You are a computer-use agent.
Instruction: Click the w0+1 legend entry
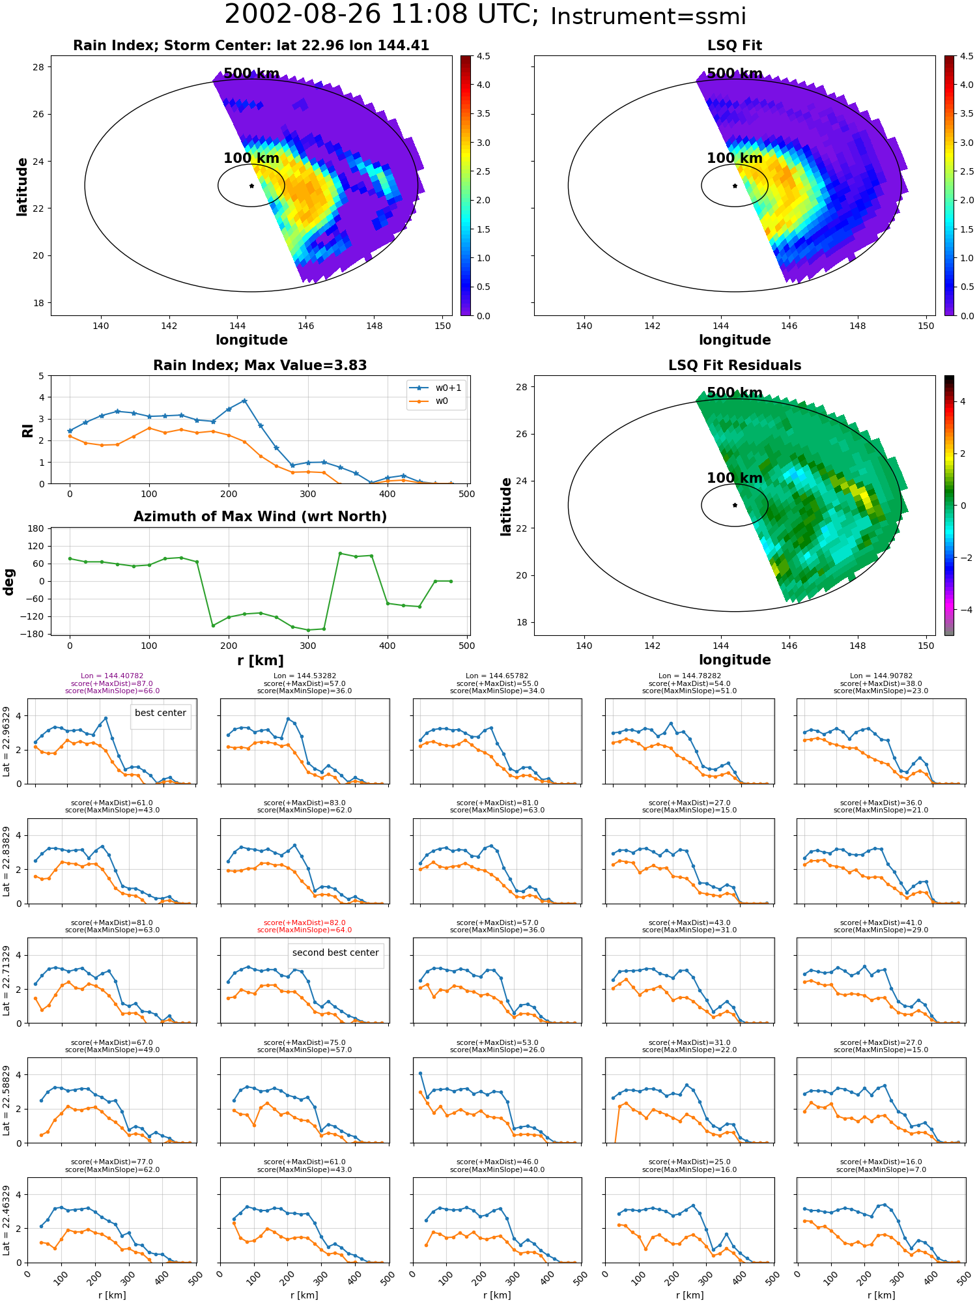(x=436, y=388)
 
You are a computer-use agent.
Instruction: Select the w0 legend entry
(x=430, y=401)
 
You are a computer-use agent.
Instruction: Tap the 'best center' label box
(x=160, y=713)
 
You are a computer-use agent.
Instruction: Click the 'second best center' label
(x=335, y=952)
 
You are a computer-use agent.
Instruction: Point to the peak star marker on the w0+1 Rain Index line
(x=244, y=401)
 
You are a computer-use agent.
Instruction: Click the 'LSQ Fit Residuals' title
(x=735, y=365)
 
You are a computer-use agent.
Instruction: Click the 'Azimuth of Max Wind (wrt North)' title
(x=260, y=517)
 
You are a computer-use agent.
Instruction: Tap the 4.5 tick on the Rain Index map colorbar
(x=483, y=56)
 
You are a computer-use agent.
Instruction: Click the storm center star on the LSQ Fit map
(x=735, y=186)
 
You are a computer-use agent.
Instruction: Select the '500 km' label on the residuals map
(x=735, y=393)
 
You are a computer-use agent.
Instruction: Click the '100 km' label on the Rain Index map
(x=251, y=158)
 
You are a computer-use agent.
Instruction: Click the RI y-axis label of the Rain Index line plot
(x=27, y=431)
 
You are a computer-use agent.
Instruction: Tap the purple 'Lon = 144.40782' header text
(x=112, y=676)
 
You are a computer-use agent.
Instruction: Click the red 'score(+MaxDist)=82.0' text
(x=304, y=923)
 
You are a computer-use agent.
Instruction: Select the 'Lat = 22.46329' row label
(x=7, y=1220)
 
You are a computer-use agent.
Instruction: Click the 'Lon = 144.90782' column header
(x=881, y=676)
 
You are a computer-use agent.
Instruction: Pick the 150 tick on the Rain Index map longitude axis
(x=442, y=326)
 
